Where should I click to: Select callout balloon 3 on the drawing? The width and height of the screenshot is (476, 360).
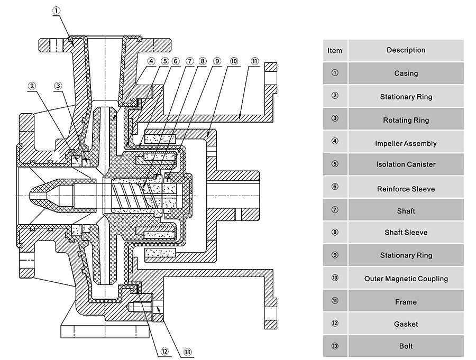(x=58, y=86)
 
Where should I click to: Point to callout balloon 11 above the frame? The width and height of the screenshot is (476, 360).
(x=254, y=61)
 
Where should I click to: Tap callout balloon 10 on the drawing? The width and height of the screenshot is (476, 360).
(x=234, y=61)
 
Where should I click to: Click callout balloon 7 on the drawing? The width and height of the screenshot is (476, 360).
(x=189, y=61)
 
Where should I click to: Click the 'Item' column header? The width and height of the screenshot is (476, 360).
(x=335, y=51)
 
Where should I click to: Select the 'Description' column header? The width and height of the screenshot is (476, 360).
(x=406, y=50)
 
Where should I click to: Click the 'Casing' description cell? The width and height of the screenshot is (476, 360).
(x=406, y=73)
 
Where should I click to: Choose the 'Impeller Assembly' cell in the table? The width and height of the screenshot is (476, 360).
(x=406, y=143)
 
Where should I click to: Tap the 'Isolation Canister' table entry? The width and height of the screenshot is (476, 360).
(x=406, y=164)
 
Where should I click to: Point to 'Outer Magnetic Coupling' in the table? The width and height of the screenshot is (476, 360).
(x=406, y=279)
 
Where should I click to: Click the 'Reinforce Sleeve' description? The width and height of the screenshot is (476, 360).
(x=406, y=189)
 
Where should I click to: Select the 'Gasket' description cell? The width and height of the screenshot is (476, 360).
(x=406, y=324)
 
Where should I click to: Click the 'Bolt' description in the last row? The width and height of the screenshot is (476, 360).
(x=406, y=346)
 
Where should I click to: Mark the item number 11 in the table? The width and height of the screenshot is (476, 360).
(x=335, y=301)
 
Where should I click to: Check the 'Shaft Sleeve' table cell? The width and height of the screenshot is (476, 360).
(x=406, y=233)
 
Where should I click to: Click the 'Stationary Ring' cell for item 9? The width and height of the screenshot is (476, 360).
(x=406, y=255)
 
